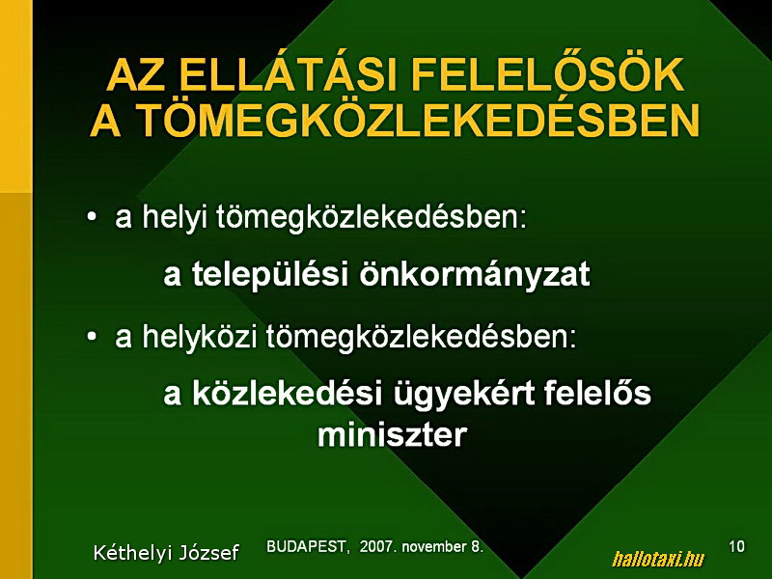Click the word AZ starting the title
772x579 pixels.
click(136, 75)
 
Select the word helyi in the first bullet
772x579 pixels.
click(175, 218)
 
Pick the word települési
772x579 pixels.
click(266, 275)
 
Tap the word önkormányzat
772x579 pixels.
click(474, 273)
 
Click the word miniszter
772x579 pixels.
click(392, 435)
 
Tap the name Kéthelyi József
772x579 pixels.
click(166, 553)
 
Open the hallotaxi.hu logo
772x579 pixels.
click(658, 559)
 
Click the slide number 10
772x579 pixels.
click(736, 546)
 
